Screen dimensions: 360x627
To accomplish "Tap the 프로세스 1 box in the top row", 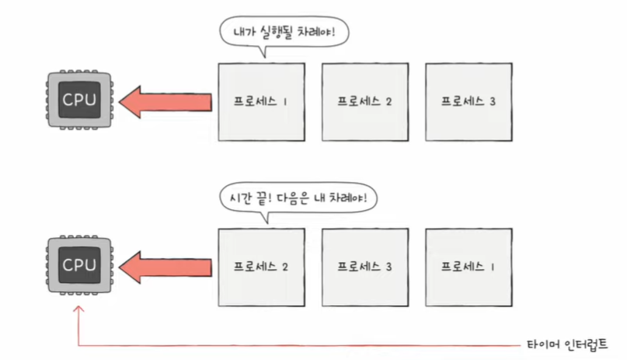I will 260,102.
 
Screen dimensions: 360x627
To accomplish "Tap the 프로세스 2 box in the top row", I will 364,102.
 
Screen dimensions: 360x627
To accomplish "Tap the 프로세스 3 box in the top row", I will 468,102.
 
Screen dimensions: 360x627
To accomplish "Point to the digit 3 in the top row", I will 492,102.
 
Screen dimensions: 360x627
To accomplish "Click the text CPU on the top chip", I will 79,100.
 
